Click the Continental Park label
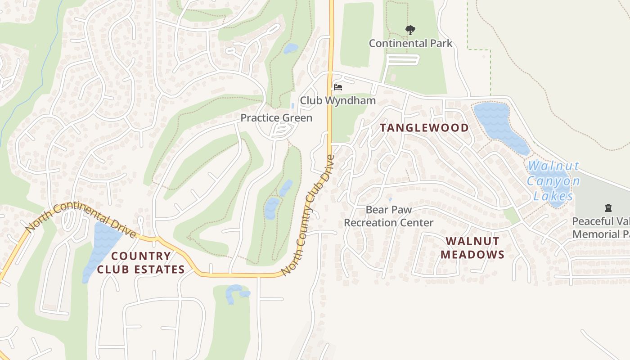410,43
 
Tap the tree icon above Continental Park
410,30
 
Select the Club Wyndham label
337,100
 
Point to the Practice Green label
276,118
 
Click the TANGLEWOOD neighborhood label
424,128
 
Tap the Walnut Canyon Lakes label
553,181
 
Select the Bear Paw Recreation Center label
388,216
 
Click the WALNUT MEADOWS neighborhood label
472,247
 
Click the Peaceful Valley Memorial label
601,228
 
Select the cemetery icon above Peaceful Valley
608,208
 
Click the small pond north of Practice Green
291,48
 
